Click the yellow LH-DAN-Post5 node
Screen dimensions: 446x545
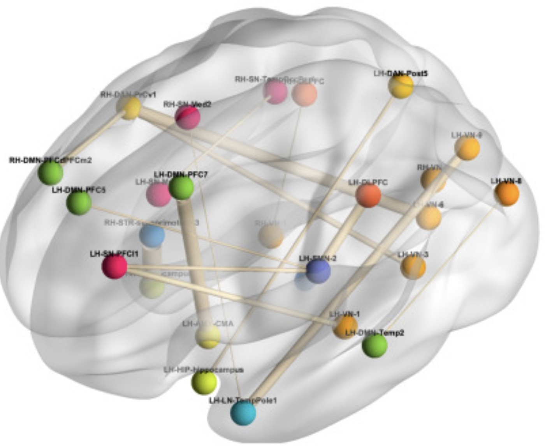tap(401, 86)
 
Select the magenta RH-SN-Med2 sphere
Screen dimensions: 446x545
tap(188, 117)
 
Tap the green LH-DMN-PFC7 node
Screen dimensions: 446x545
tap(181, 188)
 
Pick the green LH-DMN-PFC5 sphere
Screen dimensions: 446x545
tap(79, 203)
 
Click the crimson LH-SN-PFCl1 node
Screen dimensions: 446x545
tap(114, 266)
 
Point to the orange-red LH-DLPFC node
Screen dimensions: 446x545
tap(368, 195)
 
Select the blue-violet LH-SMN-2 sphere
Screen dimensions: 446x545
tap(318, 271)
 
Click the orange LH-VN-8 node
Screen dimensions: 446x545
tap(507, 193)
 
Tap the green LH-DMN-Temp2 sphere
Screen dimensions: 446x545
tap(374, 345)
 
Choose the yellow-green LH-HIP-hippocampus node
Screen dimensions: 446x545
tap(204, 382)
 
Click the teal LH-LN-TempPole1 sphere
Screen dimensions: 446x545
tap(243, 413)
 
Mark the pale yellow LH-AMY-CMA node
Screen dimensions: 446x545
tap(208, 336)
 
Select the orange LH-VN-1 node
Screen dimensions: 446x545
tap(345, 327)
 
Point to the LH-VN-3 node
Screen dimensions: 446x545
tap(413, 267)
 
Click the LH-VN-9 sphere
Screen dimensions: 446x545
tap(467, 148)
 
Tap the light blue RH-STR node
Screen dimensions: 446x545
tap(152, 235)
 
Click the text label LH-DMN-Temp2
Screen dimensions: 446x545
tap(374, 333)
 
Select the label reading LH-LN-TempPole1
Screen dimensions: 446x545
tap(243, 400)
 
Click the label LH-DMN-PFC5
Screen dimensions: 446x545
tap(79, 190)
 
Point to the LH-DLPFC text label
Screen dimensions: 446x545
tap(368, 182)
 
